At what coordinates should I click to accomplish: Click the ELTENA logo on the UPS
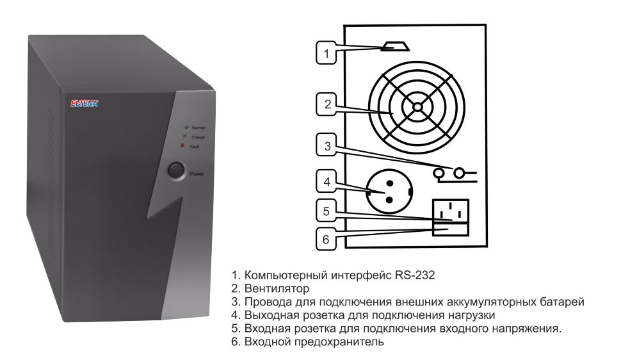pos(84,104)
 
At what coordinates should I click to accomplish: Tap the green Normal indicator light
pos(186,127)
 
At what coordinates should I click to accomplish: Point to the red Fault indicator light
pos(182,145)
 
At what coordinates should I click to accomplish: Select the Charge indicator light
pos(184,136)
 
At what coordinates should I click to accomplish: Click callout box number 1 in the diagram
pos(326,53)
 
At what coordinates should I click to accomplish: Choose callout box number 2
pos(327,104)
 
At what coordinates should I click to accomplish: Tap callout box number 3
pos(327,145)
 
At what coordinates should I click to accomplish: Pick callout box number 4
pos(327,181)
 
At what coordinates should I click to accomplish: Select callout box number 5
pos(327,211)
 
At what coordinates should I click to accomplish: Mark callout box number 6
pos(326,239)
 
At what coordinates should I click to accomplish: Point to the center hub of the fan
pos(417,107)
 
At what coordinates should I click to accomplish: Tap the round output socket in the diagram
pos(389,191)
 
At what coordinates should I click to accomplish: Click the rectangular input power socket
pos(450,212)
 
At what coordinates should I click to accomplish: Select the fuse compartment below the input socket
pos(450,230)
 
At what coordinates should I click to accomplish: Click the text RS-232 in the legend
pos(415,275)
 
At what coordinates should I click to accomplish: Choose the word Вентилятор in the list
pos(277,288)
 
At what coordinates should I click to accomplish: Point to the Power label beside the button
pos(197,174)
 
